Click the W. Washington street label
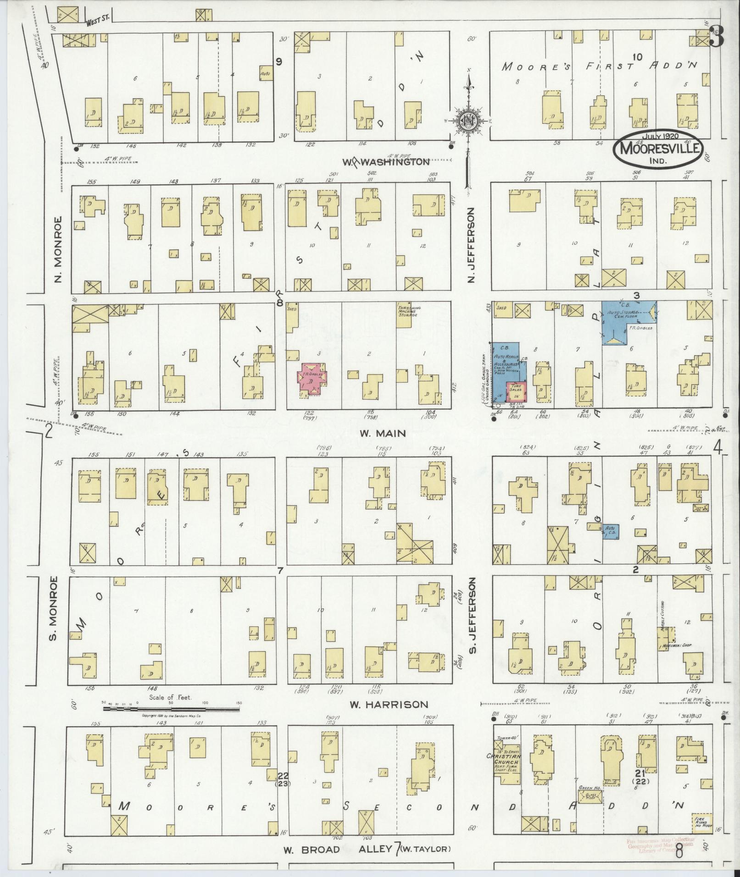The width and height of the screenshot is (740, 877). tap(386, 162)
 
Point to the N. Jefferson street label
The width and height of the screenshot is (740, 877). tap(471, 245)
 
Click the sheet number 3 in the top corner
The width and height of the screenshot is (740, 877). tap(717, 38)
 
